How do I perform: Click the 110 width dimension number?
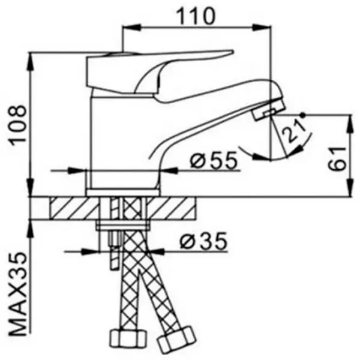[x=196, y=16]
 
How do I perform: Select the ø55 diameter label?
[x=214, y=160]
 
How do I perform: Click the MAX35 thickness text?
[x=18, y=295]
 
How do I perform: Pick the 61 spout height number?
[x=337, y=158]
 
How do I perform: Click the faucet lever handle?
[x=158, y=73]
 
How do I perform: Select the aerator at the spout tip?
[x=269, y=109]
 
